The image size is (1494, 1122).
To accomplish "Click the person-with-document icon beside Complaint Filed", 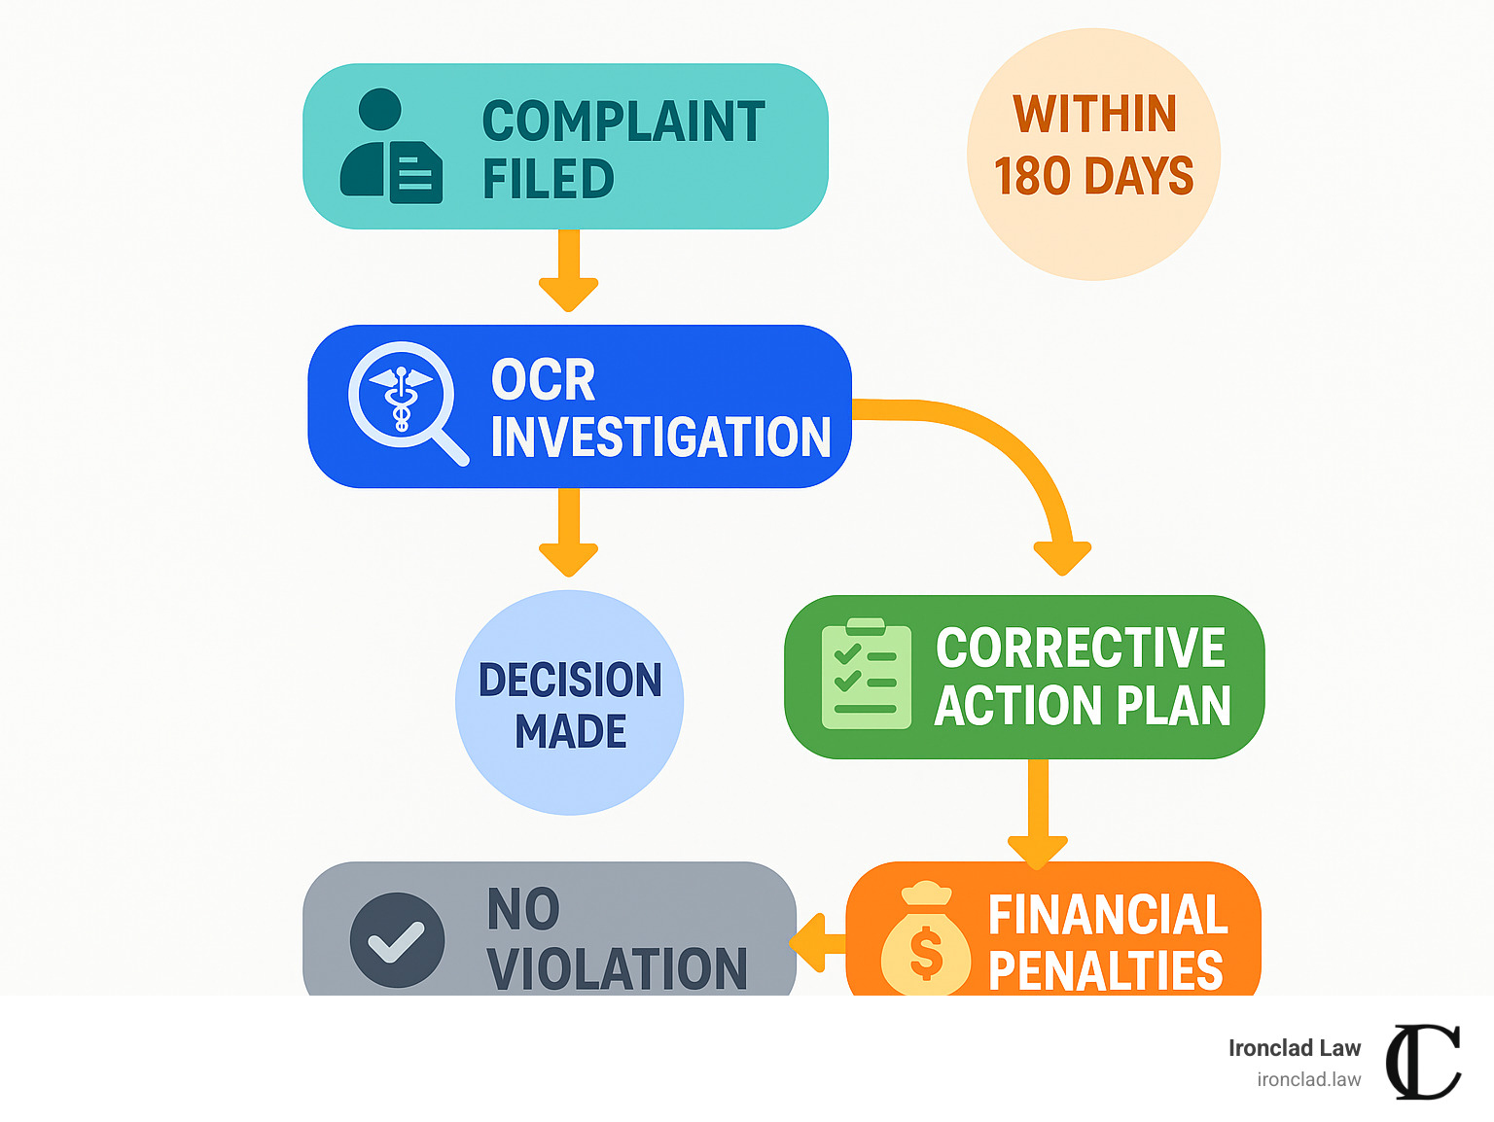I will tap(391, 147).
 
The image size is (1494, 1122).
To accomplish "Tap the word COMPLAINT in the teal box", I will tap(623, 123).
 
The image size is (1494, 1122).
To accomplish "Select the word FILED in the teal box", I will tap(548, 180).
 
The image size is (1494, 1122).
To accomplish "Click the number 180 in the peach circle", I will tap(1032, 177).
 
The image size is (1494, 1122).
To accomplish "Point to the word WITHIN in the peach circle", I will tap(1094, 115).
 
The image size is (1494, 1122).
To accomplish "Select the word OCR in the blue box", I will tap(543, 380).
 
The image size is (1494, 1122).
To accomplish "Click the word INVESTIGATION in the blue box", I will tap(660, 438).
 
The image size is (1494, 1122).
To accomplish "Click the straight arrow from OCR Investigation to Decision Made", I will tap(568, 531).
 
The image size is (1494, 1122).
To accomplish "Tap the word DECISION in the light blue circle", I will tap(570, 681).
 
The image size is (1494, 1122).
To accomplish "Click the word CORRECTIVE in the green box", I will tap(1080, 649).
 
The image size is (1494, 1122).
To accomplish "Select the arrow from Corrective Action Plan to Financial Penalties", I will tap(1038, 813).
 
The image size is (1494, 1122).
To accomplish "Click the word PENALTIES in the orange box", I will tap(1105, 970).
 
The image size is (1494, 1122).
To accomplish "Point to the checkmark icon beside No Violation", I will tap(397, 940).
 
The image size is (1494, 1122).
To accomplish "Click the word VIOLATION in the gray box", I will tap(617, 969).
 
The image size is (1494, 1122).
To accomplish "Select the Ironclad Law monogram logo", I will tap(1423, 1062).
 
